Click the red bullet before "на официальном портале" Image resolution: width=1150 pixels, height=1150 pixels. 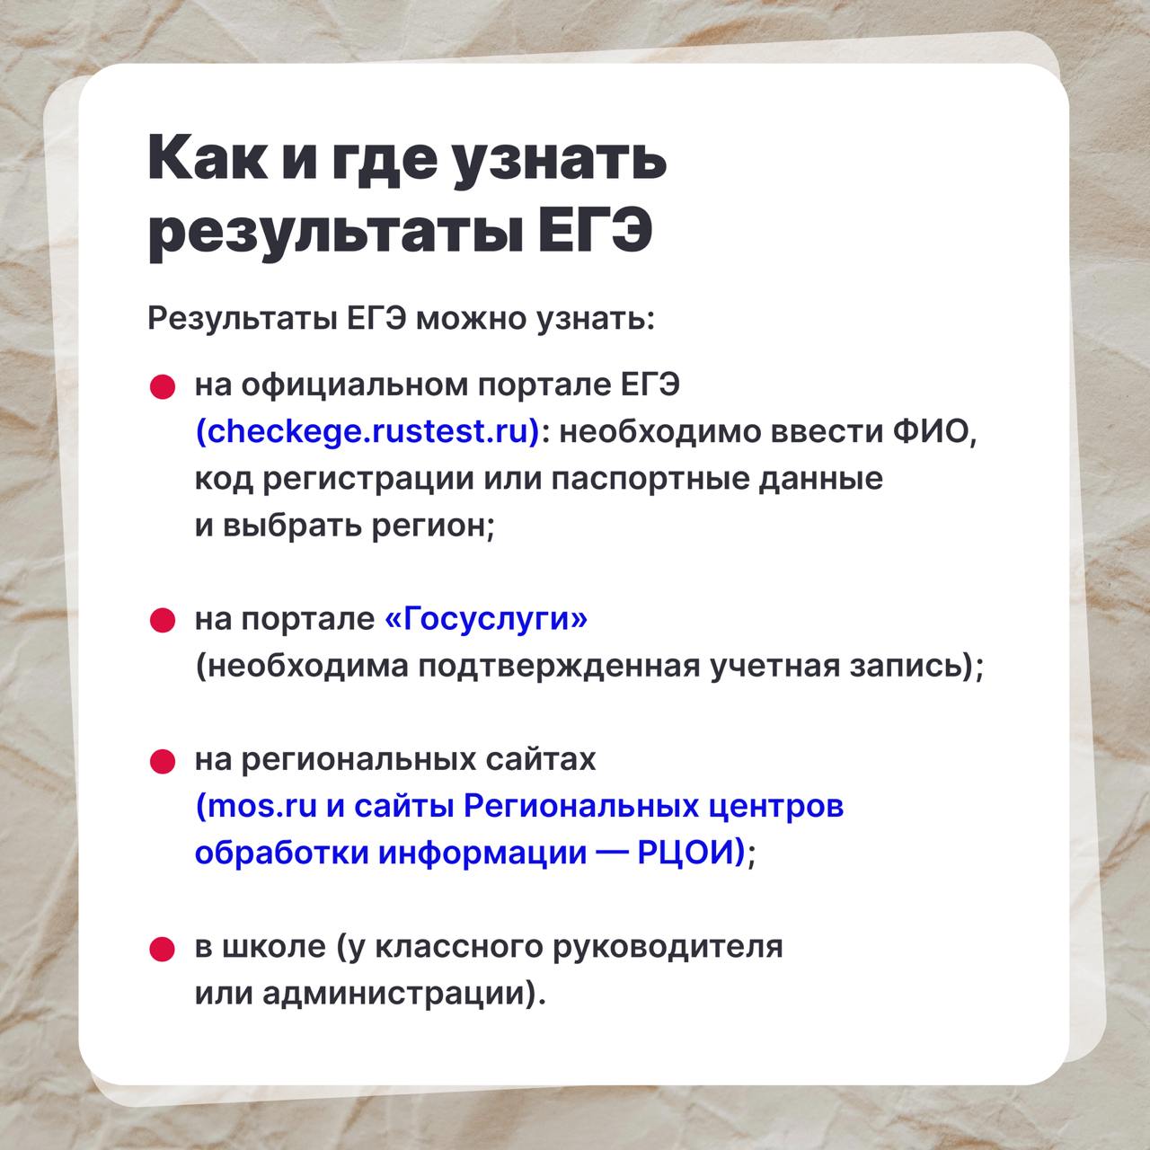pyautogui.click(x=163, y=387)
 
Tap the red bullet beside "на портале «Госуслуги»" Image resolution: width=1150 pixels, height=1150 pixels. pyautogui.click(x=163, y=621)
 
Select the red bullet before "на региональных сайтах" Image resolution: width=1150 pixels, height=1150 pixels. pyautogui.click(x=163, y=762)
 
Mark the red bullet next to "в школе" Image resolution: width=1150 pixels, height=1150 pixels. pyautogui.click(x=163, y=949)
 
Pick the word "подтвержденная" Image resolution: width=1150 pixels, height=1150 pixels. pyautogui.click(x=558, y=667)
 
